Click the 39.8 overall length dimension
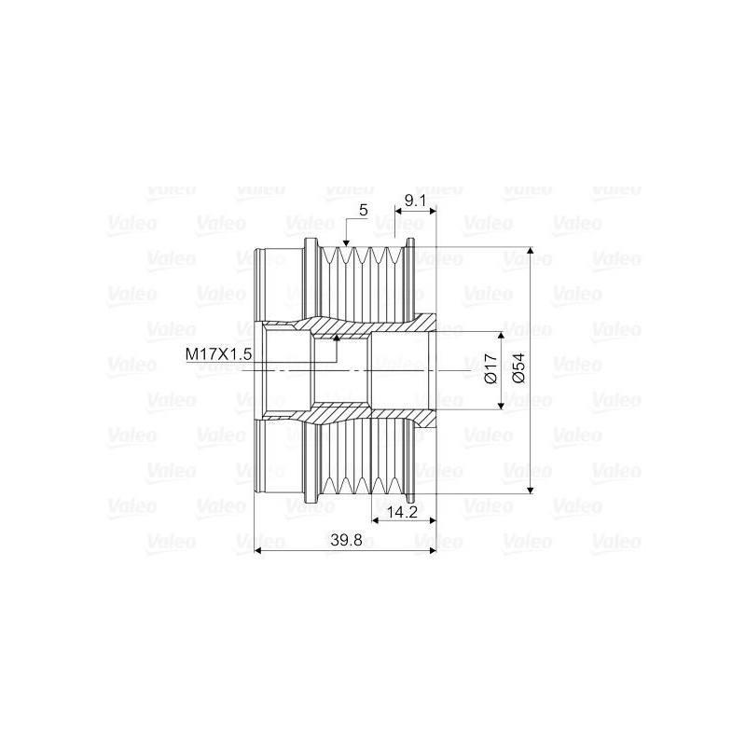coord(346,540)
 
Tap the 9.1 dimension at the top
coord(416,199)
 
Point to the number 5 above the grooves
coord(363,211)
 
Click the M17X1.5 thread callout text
coord(219,353)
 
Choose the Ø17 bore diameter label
coord(491,369)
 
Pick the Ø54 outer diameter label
coord(519,369)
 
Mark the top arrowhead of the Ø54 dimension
coord(531,253)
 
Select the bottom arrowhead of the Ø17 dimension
coord(504,403)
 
